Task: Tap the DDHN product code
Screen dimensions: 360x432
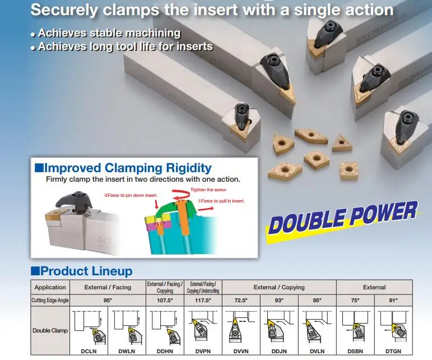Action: tap(164, 352)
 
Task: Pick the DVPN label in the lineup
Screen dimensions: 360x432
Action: tap(203, 352)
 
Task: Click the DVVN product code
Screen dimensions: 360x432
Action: tap(241, 352)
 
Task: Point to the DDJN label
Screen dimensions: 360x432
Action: tap(279, 352)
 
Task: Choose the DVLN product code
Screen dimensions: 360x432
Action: tap(317, 352)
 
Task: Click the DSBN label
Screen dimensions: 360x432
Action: tap(355, 352)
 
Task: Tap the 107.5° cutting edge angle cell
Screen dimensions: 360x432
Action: tap(165, 301)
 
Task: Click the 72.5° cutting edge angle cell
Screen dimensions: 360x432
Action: tap(241, 301)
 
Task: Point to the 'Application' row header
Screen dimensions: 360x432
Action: tap(50, 287)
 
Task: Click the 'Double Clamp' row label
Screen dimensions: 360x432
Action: tap(50, 330)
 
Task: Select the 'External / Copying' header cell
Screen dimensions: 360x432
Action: tap(279, 287)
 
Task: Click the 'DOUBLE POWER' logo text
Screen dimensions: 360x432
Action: tap(342, 218)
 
